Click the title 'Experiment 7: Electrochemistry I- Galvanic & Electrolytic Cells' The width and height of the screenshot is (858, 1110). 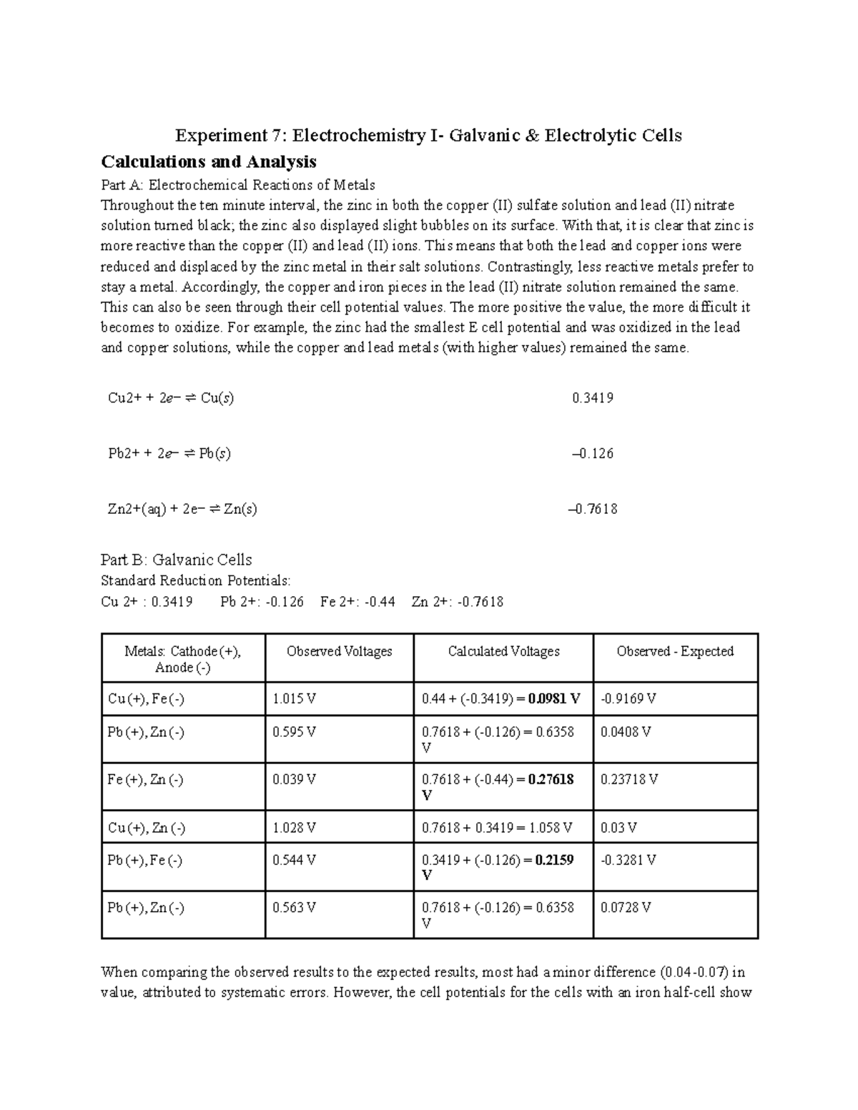point(429,135)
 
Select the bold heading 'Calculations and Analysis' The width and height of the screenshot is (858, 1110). point(209,162)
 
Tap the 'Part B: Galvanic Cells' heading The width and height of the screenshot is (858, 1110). point(177,560)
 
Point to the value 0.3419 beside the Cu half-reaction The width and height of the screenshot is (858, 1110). point(593,398)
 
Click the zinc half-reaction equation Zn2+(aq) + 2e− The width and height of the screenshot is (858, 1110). point(182,510)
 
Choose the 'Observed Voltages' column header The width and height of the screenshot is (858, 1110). point(339,651)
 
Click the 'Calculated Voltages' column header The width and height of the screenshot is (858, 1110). point(503,651)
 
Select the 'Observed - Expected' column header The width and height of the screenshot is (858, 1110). point(675,651)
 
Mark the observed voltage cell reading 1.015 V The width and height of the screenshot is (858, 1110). point(294,699)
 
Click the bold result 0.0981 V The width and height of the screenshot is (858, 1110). point(554,699)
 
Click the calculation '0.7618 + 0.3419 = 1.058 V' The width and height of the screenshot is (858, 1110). point(497,828)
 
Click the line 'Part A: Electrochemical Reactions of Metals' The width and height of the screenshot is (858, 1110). point(238,185)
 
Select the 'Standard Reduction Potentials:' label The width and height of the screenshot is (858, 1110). point(196,580)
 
